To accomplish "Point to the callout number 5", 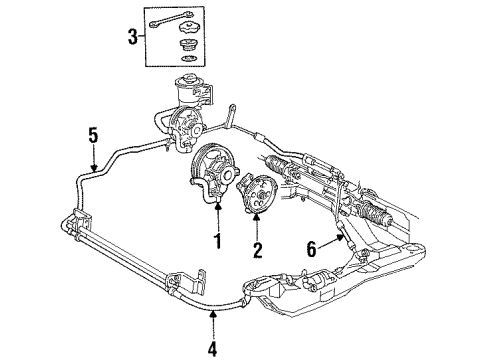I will (x=94, y=136).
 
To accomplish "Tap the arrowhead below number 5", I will (x=94, y=172).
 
